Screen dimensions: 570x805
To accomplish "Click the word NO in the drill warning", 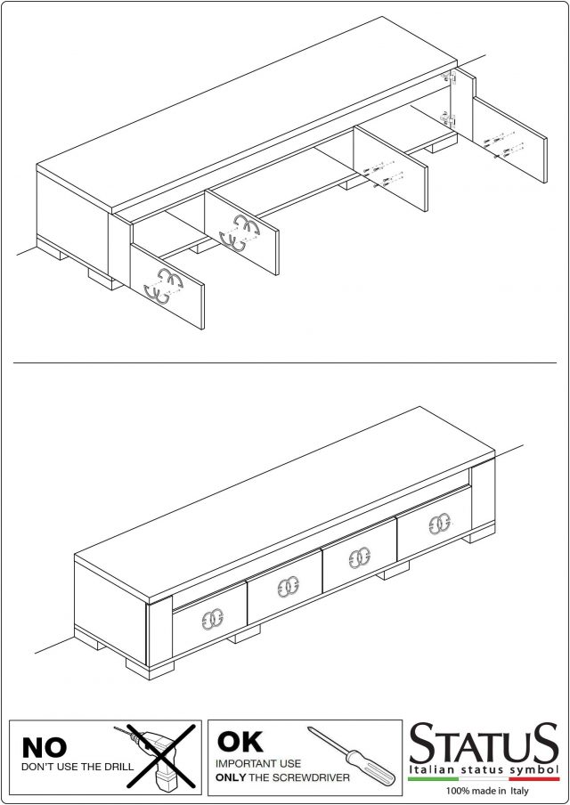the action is [45, 748].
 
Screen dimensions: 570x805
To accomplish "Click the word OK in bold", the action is [240, 742].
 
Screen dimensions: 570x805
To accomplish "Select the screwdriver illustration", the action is [351, 753].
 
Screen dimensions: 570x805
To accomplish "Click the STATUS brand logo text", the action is [484, 743].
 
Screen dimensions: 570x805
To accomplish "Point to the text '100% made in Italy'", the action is [487, 791].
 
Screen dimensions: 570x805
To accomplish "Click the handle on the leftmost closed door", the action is [212, 619].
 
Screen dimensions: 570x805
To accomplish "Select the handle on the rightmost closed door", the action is [440, 524].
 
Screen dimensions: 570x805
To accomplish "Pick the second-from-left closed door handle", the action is [288, 587].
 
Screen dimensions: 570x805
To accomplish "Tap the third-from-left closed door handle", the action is [360, 557].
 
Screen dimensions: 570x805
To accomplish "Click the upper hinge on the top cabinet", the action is [449, 77].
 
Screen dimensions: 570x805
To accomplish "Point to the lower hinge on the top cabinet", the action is [448, 119].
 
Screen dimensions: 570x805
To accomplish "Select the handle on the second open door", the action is [240, 232].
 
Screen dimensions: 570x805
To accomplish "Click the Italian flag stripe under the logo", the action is [484, 779].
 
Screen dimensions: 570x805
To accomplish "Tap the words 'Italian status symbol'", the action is [484, 769].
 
